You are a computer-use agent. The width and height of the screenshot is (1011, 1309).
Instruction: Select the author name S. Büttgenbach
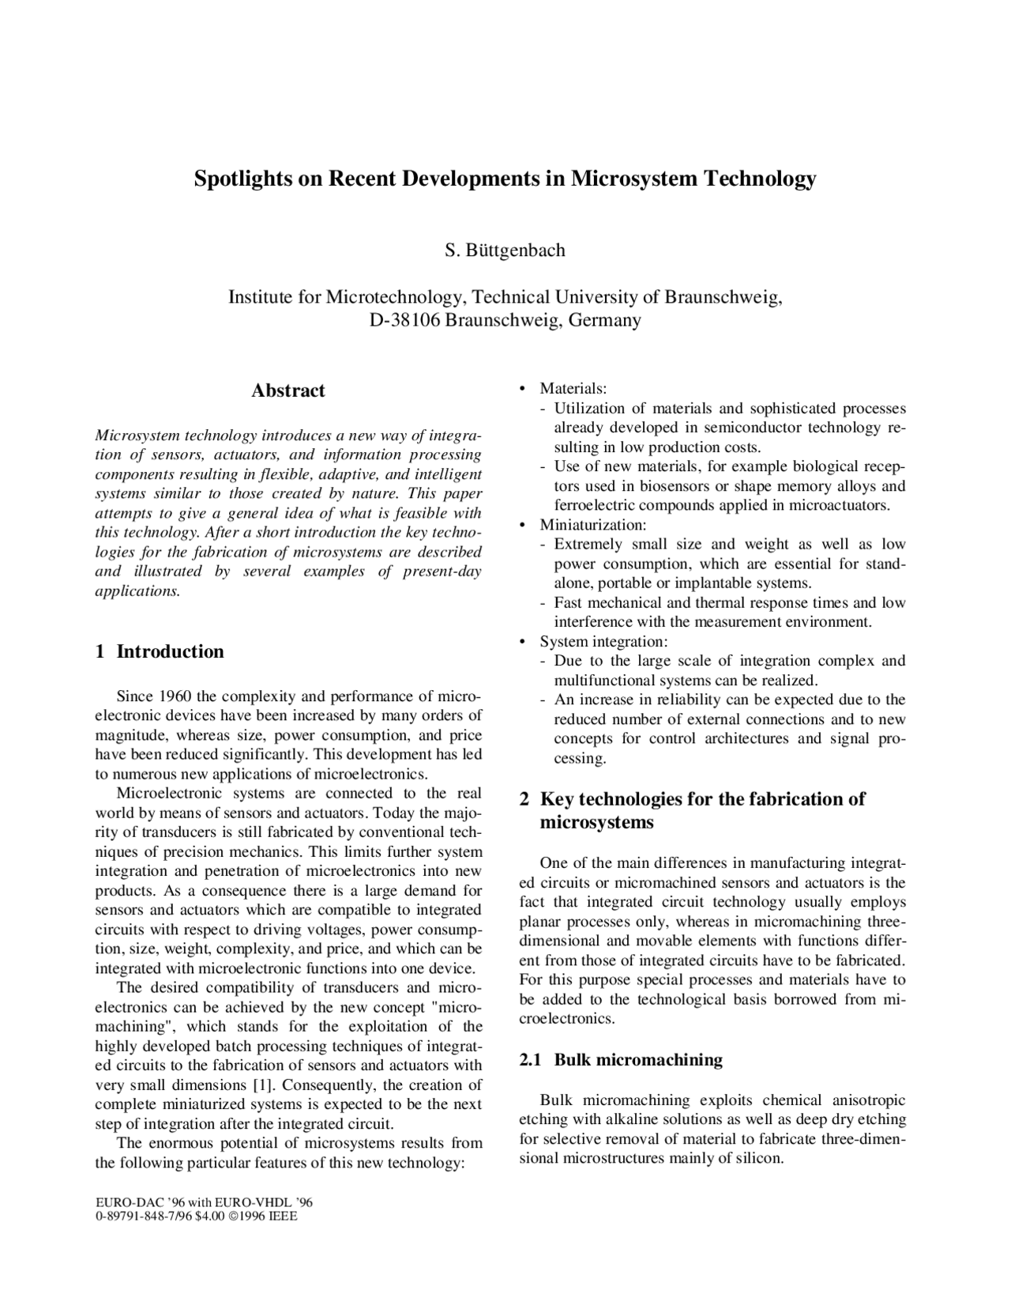[505, 251]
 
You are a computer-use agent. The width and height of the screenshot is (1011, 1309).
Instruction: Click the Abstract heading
[288, 390]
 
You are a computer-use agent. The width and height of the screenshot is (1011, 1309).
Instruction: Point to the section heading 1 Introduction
[160, 651]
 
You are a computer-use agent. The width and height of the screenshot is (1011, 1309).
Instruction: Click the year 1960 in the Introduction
[176, 696]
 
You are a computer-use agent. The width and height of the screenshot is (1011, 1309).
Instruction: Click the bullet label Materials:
[573, 389]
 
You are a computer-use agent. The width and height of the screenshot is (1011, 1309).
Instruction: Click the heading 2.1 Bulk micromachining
[621, 1060]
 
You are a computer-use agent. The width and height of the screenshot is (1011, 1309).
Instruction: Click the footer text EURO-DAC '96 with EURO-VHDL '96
[204, 1202]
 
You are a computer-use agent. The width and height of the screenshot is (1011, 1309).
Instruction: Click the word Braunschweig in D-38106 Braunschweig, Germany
[502, 320]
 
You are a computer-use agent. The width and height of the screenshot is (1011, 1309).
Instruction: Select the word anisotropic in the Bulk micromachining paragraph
[869, 1100]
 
